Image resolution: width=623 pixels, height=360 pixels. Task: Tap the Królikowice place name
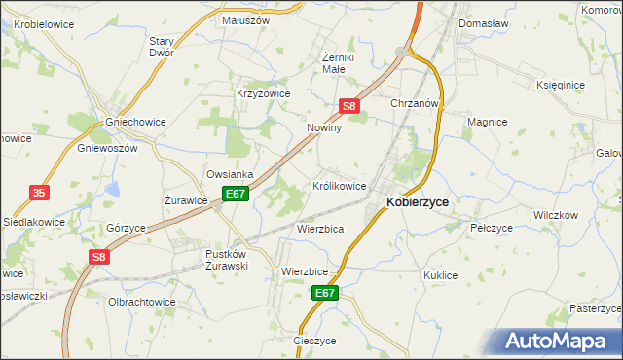(x=339, y=185)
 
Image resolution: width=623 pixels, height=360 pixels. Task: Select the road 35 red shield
(x=39, y=194)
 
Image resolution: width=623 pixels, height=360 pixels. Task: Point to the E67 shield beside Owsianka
(x=236, y=195)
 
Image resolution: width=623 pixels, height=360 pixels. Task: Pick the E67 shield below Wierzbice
(x=325, y=293)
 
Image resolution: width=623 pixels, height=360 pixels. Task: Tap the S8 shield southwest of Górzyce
(x=98, y=257)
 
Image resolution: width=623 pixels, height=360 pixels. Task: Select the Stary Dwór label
(x=162, y=48)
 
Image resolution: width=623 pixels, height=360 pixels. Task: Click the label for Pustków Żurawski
(x=228, y=260)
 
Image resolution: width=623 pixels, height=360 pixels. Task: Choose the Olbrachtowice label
(x=142, y=302)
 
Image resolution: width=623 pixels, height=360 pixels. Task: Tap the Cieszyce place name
(x=313, y=341)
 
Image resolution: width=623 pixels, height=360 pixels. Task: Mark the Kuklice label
(x=440, y=275)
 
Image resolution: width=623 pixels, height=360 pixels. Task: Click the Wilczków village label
(x=556, y=214)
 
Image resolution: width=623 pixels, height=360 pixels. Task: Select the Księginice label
(x=561, y=85)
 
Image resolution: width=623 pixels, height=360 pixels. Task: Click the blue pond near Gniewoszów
(x=113, y=188)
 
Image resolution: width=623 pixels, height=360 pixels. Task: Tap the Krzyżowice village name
(x=264, y=93)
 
